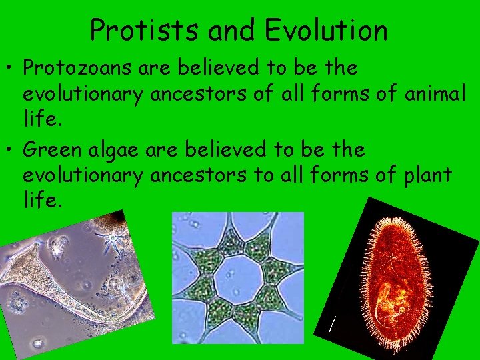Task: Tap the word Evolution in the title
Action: [x=327, y=30]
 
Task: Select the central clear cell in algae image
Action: [x=237, y=274]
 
